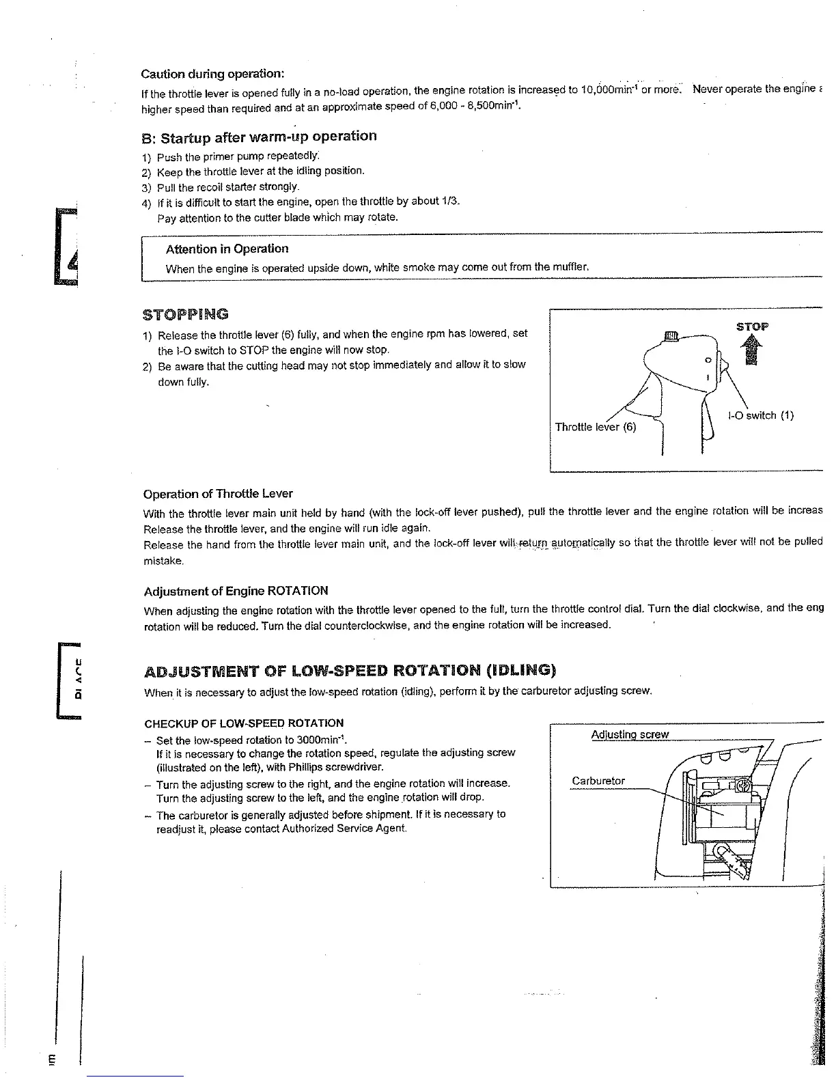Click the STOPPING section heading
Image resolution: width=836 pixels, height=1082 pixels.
point(186,315)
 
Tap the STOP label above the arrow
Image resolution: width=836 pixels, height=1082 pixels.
point(752,327)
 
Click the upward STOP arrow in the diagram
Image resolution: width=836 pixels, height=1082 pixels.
point(752,351)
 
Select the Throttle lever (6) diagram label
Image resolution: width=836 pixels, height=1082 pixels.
point(595,428)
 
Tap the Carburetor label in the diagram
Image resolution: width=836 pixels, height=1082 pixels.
point(598,781)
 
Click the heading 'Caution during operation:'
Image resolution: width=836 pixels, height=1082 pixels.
point(212,74)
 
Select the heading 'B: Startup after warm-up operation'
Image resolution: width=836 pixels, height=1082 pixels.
point(259,136)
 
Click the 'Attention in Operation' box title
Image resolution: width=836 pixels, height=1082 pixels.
point(227,249)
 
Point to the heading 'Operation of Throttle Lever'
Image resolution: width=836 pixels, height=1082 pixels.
point(218,493)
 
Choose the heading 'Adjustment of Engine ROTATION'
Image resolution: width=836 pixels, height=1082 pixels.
point(236,591)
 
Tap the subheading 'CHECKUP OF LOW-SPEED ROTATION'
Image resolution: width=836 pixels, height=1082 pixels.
point(244,723)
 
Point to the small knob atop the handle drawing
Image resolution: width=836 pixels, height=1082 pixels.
point(670,335)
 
